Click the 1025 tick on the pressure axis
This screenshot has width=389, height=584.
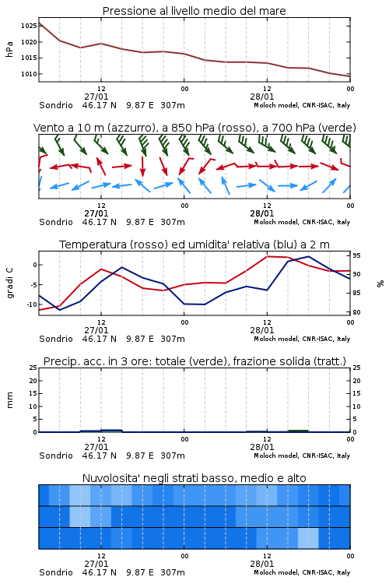pos(29,26)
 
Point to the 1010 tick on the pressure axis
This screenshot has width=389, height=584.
pos(29,74)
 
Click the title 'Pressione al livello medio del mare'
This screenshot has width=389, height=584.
pos(194,11)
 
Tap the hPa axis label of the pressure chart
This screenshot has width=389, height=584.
pos(9,49)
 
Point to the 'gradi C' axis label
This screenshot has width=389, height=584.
pos(10,283)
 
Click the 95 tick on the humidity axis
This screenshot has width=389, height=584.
pos(356,255)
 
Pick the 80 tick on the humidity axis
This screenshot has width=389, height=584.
pos(356,312)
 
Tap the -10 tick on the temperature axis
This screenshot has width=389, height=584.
pos(32,304)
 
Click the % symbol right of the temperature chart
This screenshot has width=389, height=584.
pos(380,283)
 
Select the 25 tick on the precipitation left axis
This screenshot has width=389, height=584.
pos(33,368)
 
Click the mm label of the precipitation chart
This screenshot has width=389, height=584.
pos(9,400)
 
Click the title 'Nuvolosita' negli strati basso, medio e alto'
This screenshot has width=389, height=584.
pos(194,478)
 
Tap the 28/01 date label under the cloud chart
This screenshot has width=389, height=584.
pos(261,564)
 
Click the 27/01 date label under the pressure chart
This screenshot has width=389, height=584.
pos(96,97)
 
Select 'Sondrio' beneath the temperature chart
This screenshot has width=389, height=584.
pos(56,339)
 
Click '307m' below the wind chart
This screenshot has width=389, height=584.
pos(173,222)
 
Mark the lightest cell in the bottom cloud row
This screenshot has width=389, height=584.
pos(308,538)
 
